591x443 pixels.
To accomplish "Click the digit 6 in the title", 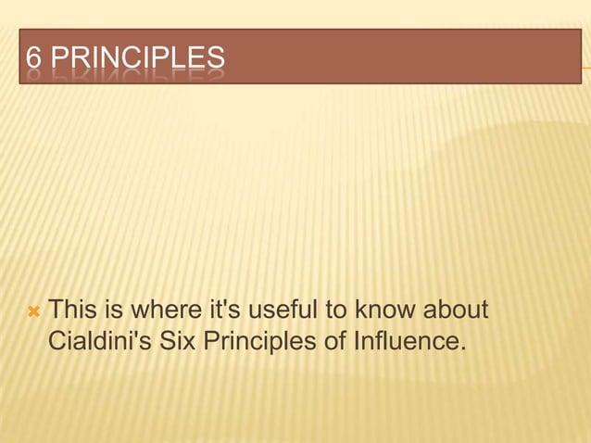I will point(33,58).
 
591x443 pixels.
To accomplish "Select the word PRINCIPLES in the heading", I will point(137,58).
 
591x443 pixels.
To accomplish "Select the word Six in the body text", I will point(177,341).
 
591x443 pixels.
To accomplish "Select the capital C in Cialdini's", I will point(57,341).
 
